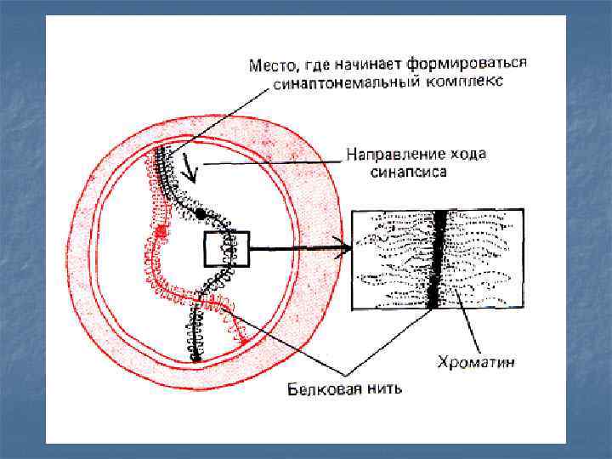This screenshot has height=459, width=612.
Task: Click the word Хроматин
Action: (x=478, y=363)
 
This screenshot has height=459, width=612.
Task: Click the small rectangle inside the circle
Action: (x=225, y=249)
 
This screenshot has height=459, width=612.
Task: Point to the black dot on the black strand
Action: (x=199, y=212)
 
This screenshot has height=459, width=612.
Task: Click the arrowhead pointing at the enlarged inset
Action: (x=343, y=249)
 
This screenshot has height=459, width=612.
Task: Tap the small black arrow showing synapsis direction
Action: (x=193, y=175)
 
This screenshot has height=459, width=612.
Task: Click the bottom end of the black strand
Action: (x=195, y=358)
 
